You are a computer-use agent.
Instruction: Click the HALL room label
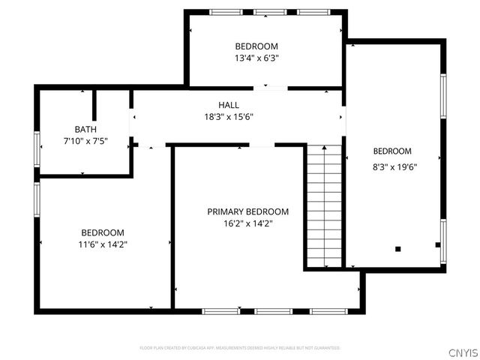click(x=229, y=105)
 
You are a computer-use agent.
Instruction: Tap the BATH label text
click(x=85, y=130)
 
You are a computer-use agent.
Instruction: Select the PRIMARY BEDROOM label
click(x=247, y=211)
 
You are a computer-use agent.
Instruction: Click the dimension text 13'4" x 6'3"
click(x=256, y=57)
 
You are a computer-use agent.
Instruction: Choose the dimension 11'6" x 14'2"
click(x=103, y=244)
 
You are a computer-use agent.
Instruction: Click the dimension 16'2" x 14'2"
click(x=247, y=223)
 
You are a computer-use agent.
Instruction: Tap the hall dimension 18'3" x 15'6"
click(x=229, y=117)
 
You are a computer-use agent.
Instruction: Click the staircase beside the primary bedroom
click(x=323, y=206)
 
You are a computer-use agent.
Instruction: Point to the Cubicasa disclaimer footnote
click(x=240, y=348)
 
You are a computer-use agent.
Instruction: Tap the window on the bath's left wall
click(x=37, y=148)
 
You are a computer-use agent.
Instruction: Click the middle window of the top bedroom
click(x=265, y=12)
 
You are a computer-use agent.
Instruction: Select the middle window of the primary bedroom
click(x=273, y=310)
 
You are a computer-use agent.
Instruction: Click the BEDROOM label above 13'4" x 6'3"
click(x=256, y=46)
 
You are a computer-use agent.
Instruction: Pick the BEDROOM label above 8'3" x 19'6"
click(x=392, y=151)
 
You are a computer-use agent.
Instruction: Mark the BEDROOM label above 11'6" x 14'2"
click(x=103, y=232)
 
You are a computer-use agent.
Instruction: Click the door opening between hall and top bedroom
click(x=270, y=88)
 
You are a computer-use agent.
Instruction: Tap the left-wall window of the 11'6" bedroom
click(x=37, y=199)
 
